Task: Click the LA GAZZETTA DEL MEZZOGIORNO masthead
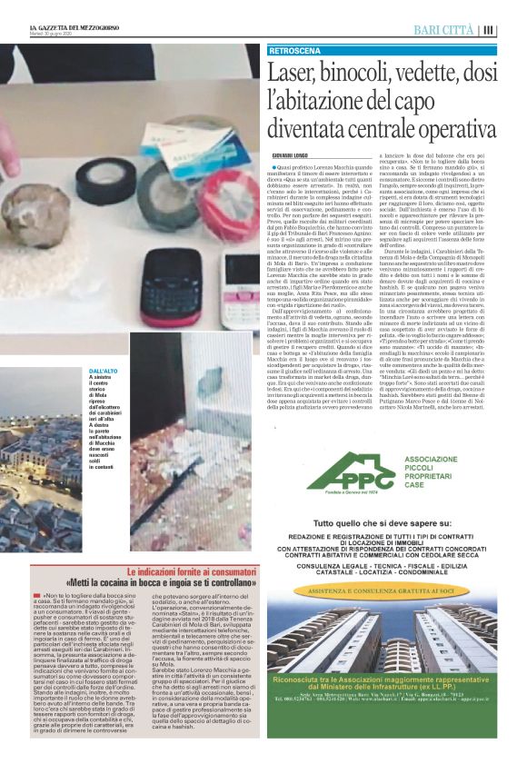[x=68, y=30]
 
